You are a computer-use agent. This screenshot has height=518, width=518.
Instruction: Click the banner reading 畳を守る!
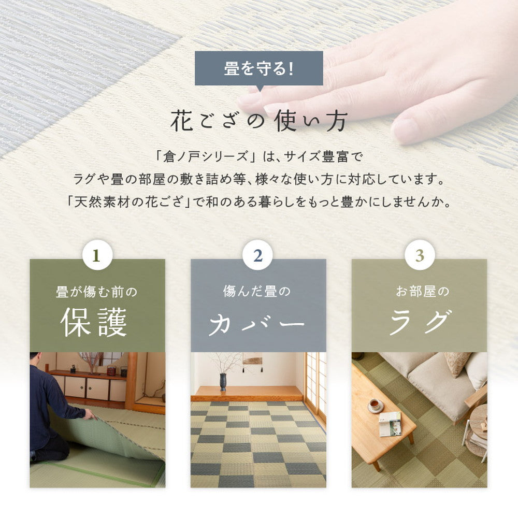[x=258, y=68]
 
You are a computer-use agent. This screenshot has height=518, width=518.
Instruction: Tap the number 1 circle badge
[x=97, y=255]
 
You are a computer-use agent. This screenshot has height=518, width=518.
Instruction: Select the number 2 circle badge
[x=258, y=255]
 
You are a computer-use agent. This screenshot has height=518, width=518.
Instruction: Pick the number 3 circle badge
[x=420, y=255]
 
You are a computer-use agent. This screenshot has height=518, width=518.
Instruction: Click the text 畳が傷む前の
[x=97, y=292]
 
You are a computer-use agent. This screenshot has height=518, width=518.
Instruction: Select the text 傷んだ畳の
[x=257, y=292]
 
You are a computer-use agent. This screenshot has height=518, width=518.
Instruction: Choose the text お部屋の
[x=419, y=292]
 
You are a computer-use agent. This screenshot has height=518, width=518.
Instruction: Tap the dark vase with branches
[x=223, y=381]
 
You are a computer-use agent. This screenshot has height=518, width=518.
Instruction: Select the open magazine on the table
[x=390, y=423]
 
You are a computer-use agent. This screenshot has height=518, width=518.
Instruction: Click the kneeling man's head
[x=35, y=358]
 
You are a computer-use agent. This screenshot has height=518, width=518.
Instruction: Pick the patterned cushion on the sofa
[x=457, y=364]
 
